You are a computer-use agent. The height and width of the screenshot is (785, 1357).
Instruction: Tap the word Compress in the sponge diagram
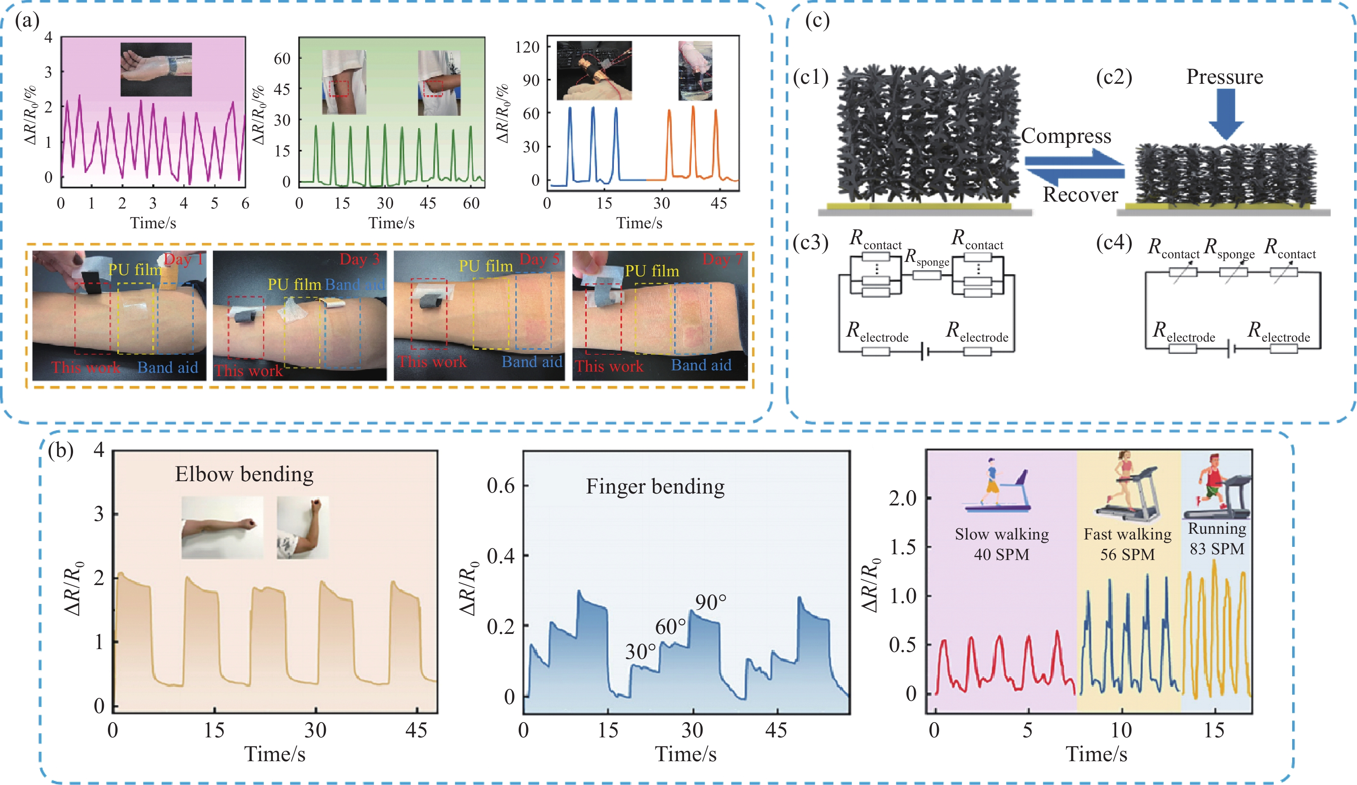click(x=1066, y=136)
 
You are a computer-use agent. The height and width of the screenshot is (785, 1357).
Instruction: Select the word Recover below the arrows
click(x=1080, y=195)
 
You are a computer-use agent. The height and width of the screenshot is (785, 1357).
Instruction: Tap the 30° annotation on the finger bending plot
click(x=640, y=652)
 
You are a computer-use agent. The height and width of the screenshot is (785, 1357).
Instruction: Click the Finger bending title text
click(x=655, y=487)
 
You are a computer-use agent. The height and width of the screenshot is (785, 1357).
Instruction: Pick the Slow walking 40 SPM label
click(x=1002, y=544)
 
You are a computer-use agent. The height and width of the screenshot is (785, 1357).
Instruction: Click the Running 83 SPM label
click(x=1217, y=539)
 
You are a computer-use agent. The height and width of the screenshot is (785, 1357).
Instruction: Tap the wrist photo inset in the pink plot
click(x=156, y=69)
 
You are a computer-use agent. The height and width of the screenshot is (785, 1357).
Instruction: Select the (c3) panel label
click(x=811, y=243)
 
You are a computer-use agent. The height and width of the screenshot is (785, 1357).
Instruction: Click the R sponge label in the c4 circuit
click(x=1229, y=249)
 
